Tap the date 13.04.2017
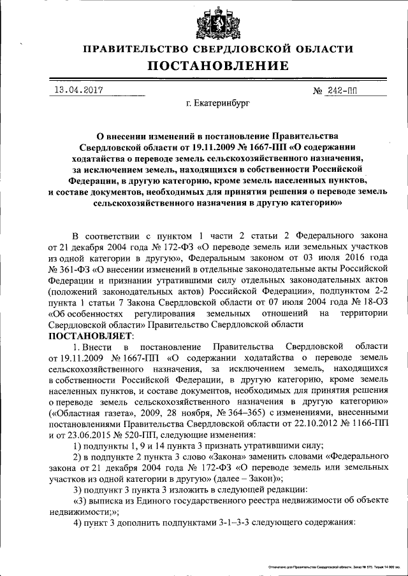[78, 90]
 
